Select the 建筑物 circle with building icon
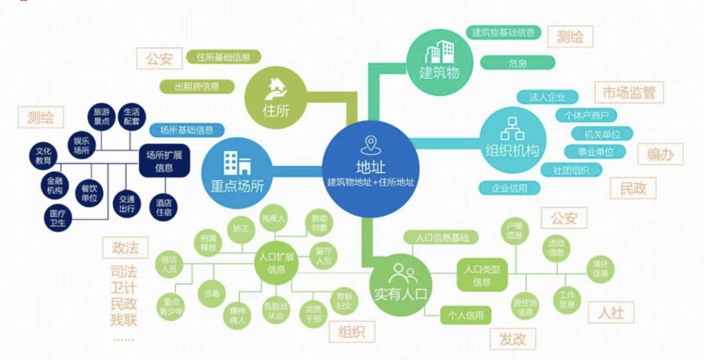[x=439, y=61]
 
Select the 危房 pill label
[x=517, y=63]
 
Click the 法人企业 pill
[x=547, y=97]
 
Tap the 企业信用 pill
[x=509, y=188]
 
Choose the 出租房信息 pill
[x=197, y=86]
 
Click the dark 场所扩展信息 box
[x=164, y=161]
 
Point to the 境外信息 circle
[x=600, y=269]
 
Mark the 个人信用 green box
[x=462, y=315]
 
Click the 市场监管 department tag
[x=629, y=93]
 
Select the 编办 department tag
[x=660, y=155]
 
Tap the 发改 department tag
[x=513, y=339]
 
